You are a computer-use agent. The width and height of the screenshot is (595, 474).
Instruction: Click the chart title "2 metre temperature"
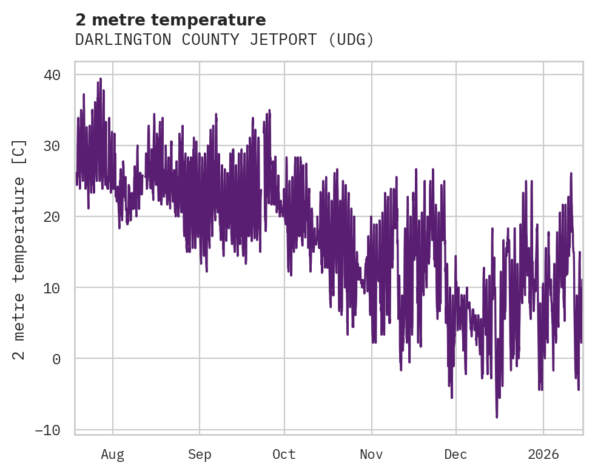(x=170, y=20)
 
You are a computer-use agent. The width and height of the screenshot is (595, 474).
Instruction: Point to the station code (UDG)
(x=351, y=40)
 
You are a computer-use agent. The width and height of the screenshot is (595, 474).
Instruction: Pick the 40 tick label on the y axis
(x=52, y=75)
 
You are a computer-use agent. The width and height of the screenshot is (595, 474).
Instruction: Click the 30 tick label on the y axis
(x=52, y=146)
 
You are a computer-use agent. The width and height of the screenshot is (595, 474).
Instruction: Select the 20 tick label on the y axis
(x=52, y=217)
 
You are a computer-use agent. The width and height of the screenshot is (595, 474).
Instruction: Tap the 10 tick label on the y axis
(x=52, y=288)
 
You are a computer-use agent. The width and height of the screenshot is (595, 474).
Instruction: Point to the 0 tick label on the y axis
(x=56, y=359)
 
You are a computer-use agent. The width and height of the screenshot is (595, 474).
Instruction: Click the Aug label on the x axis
(x=113, y=454)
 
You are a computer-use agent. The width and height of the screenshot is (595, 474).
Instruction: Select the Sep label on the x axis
(x=199, y=454)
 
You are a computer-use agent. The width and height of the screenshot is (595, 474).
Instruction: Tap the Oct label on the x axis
(x=284, y=454)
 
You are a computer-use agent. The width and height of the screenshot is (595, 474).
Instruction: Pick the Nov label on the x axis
(x=371, y=454)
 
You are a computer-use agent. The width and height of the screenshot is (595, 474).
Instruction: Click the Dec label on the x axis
(x=455, y=454)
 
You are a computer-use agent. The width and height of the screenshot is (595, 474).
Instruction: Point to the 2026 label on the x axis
(x=543, y=454)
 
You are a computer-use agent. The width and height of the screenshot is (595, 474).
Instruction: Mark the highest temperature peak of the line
(x=100, y=78)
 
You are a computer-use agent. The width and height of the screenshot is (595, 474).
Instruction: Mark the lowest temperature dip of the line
(x=497, y=417)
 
